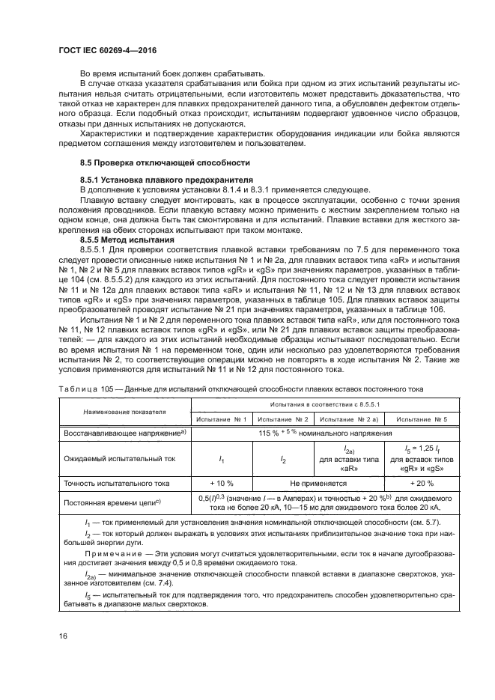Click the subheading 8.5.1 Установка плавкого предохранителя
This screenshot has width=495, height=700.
tap(167, 180)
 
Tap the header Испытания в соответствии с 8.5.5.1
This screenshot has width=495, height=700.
tap(322, 404)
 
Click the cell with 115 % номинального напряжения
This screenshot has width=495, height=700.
tap(322, 433)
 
